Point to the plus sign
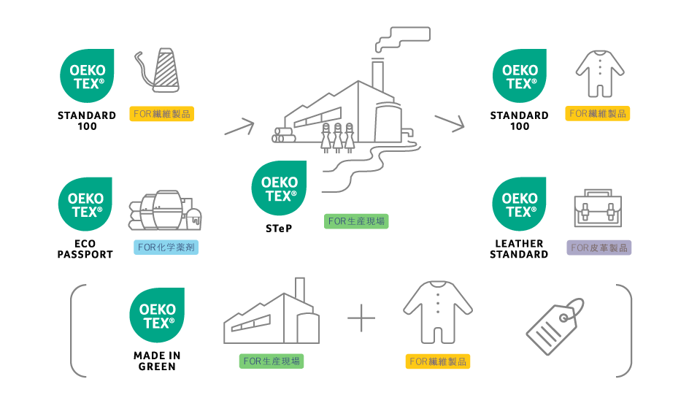[x=361, y=318]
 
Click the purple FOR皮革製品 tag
[x=599, y=248]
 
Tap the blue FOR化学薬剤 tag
[x=167, y=248]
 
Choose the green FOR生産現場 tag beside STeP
[x=357, y=221]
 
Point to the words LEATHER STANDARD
[x=519, y=249]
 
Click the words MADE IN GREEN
[x=157, y=361]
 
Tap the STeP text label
[x=279, y=228]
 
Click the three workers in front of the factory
[x=336, y=136]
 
